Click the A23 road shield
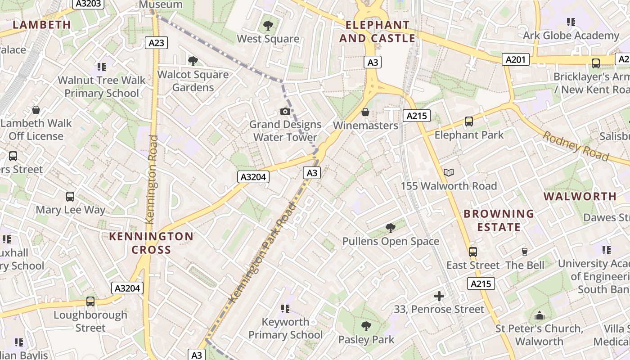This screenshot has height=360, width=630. pyautogui.click(x=157, y=43)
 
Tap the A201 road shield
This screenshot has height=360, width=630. pyautogui.click(x=515, y=59)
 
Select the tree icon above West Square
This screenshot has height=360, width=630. pyautogui.click(x=268, y=26)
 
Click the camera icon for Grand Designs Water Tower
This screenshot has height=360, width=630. pyautogui.click(x=285, y=111)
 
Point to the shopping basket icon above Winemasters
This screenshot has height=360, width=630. pyautogui.click(x=365, y=112)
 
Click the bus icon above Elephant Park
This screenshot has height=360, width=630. pyautogui.click(x=469, y=121)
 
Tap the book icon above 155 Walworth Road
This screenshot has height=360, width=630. pyautogui.click(x=449, y=172)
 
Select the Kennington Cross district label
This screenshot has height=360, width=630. pyautogui.click(x=151, y=243)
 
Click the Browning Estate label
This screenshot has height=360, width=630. pyautogui.click(x=499, y=220)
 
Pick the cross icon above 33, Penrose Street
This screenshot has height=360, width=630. pyautogui.click(x=439, y=296)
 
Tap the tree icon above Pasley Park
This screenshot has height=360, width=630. pyautogui.click(x=366, y=326)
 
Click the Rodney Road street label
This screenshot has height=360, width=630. pyautogui.click(x=576, y=146)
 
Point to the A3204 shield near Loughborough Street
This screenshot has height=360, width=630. pyautogui.click(x=127, y=288)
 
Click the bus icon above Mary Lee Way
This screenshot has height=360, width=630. pyautogui.click(x=70, y=197)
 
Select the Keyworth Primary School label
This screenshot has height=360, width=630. pyautogui.click(x=285, y=328)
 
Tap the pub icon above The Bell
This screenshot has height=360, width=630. pyautogui.click(x=524, y=252)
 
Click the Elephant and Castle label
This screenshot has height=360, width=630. pyautogui.click(x=377, y=31)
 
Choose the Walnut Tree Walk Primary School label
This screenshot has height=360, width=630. pyautogui.click(x=102, y=87)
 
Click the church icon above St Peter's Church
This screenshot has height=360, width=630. pyautogui.click(x=539, y=315)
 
